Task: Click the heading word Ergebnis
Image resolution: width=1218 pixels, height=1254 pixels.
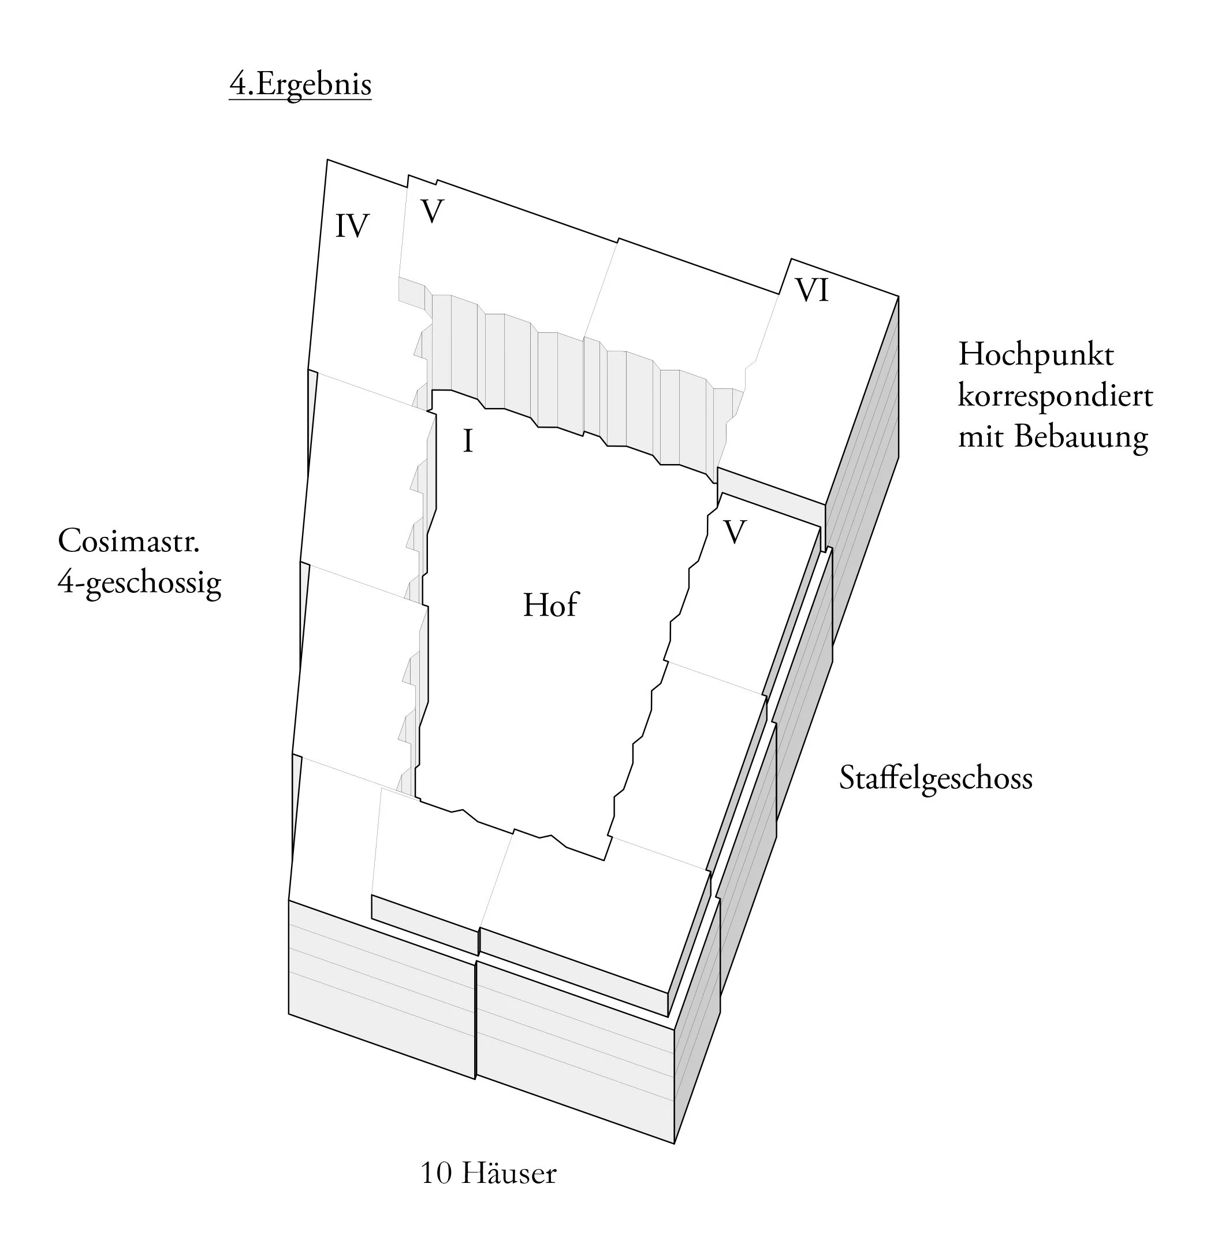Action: coord(314,84)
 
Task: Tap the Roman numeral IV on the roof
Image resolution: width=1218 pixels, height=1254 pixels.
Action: coord(352,226)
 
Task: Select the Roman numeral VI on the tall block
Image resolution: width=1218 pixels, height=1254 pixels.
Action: coord(811,290)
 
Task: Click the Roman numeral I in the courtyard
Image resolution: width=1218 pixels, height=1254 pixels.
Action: coord(468,442)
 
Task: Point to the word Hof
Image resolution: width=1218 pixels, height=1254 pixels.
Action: coord(550,605)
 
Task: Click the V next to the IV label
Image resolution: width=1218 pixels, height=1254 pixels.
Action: coord(432,212)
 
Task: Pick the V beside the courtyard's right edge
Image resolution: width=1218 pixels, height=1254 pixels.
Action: coord(735,532)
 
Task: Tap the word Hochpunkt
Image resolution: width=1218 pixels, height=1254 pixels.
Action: coord(1036,355)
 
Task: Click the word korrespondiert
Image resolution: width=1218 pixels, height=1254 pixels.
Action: coord(1055,396)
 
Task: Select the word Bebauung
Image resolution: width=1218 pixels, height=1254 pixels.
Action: coord(1081,438)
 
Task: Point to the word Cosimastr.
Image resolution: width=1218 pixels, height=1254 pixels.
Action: coord(129,541)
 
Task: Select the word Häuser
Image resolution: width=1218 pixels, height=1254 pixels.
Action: coord(508,1173)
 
